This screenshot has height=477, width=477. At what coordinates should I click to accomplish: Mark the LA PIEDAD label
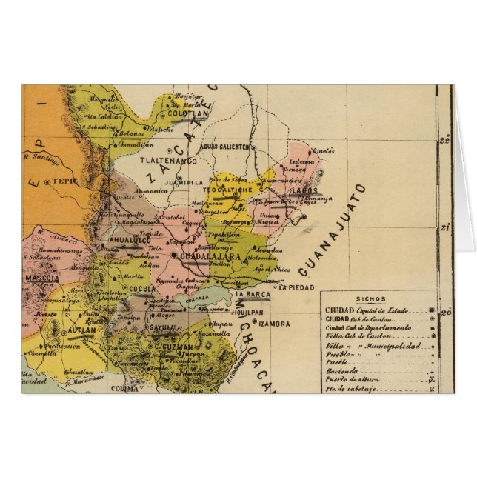click(296, 287)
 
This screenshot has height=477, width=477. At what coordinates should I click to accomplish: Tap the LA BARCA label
click(250, 295)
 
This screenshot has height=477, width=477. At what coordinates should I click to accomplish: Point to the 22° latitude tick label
click(444, 139)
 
